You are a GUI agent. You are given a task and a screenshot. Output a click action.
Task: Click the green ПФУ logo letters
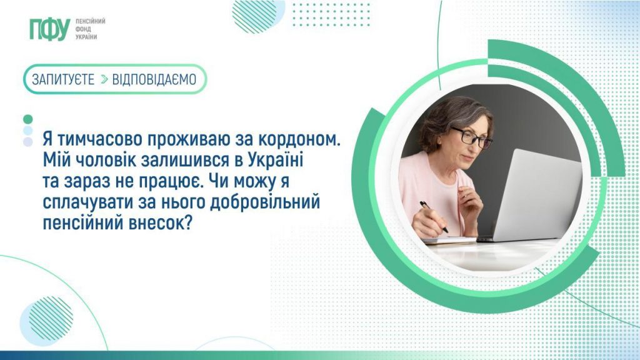point(48,29)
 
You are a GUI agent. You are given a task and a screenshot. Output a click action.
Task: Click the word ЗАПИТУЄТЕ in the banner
point(63,79)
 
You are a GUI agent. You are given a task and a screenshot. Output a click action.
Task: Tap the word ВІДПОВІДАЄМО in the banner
point(154,79)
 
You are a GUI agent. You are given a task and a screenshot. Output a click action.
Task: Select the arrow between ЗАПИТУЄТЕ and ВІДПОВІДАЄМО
point(104,79)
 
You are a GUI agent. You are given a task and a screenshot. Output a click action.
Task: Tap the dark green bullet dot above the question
point(27,119)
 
